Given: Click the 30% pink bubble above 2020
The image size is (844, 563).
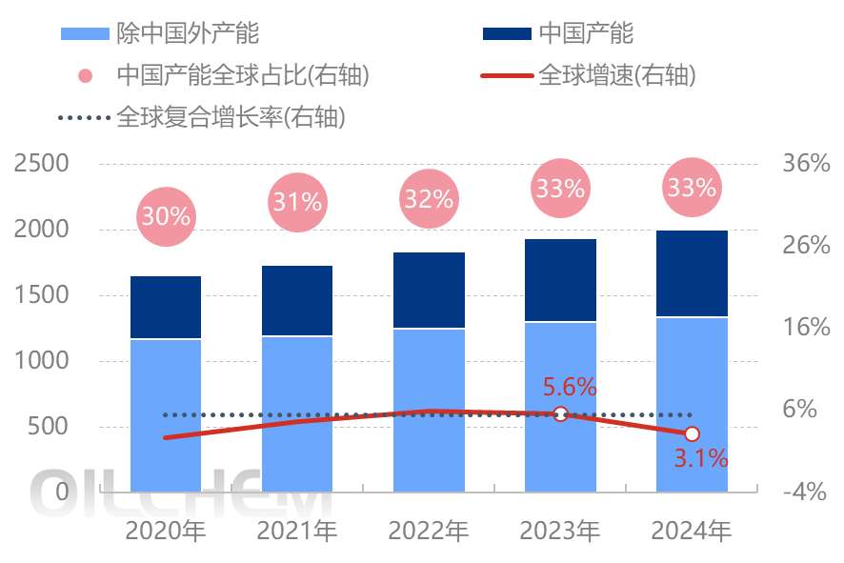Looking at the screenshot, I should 166,216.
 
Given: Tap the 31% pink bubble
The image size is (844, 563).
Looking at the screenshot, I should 297,202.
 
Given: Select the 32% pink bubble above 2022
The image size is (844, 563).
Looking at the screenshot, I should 429,198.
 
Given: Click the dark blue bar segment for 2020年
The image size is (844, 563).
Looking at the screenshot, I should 166,307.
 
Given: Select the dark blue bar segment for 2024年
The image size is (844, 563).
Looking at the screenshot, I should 692,273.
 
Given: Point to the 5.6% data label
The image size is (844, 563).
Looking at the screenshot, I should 570,387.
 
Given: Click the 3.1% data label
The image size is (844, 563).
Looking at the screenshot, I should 701,458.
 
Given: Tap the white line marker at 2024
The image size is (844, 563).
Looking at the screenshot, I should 693,434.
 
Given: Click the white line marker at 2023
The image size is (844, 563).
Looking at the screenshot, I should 561,413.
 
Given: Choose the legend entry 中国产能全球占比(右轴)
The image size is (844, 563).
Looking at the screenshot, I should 242,75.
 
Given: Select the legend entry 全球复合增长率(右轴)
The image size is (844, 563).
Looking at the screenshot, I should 230,118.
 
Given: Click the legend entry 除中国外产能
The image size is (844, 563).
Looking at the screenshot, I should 187,33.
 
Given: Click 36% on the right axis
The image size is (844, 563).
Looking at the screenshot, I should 806,164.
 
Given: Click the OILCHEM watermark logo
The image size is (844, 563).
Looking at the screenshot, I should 181,493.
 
